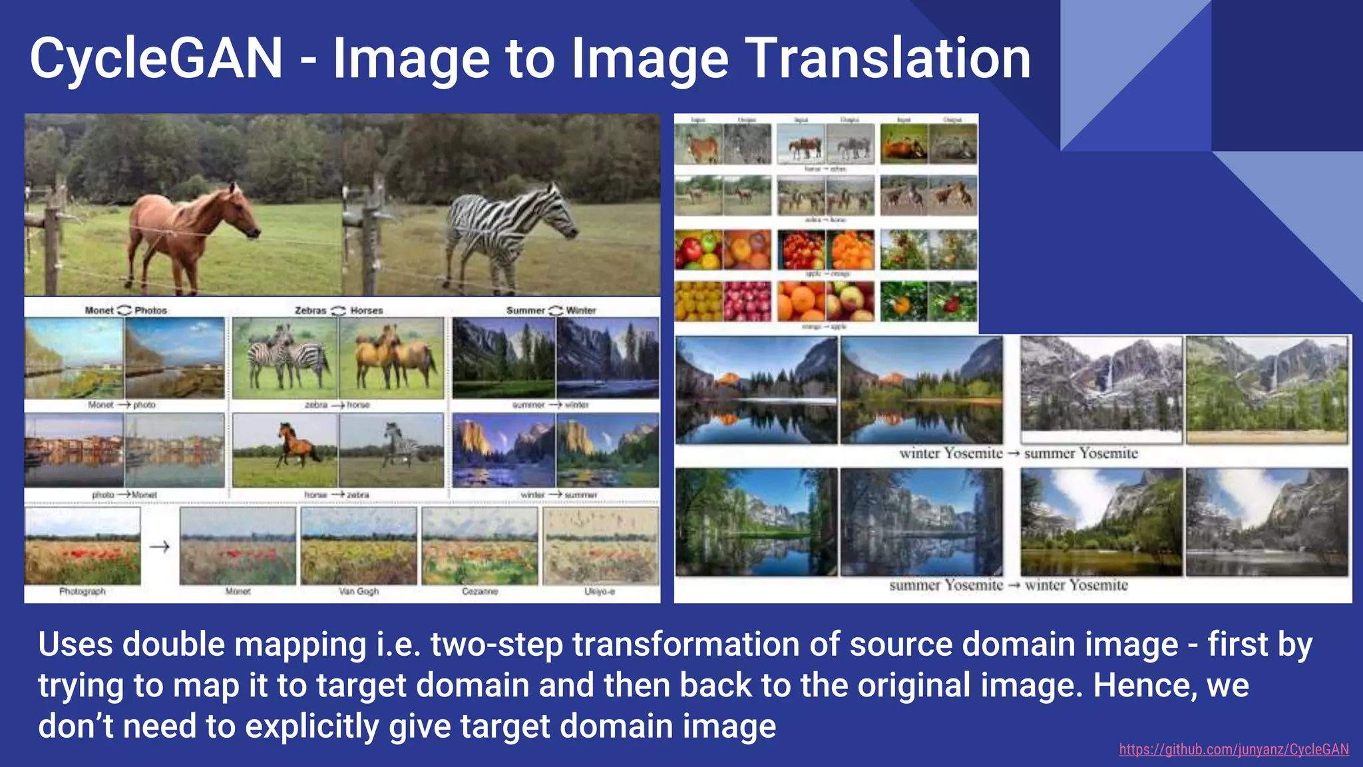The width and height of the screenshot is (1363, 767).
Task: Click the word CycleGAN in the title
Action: click(x=156, y=59)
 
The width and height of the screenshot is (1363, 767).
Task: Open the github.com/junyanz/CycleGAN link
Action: click(x=1233, y=750)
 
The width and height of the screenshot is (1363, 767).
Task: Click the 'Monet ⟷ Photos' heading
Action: click(x=126, y=310)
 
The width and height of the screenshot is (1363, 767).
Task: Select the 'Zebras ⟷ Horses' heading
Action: click(x=339, y=310)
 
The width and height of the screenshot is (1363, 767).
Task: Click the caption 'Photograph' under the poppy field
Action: click(x=83, y=591)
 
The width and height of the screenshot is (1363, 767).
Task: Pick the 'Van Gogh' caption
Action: click(x=359, y=591)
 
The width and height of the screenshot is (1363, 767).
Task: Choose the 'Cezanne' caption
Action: click(x=480, y=591)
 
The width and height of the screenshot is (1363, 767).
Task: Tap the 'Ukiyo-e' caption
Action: click(x=600, y=591)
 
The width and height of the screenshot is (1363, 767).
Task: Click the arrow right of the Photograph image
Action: click(x=160, y=547)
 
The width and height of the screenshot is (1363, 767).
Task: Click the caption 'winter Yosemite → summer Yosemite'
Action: click(x=1018, y=453)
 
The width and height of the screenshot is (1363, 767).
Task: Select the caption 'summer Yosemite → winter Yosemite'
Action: click(x=1008, y=585)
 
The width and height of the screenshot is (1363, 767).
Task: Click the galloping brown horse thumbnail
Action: click(x=285, y=449)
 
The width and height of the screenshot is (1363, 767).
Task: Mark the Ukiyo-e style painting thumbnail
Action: click(x=601, y=546)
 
